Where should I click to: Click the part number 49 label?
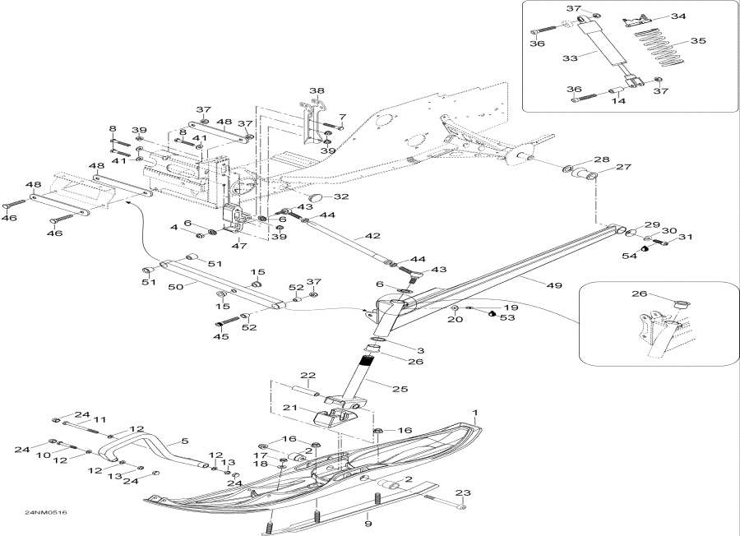pyautogui.click(x=554, y=285)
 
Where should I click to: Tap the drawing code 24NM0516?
pyautogui.click(x=46, y=512)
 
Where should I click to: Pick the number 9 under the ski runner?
pyautogui.click(x=368, y=524)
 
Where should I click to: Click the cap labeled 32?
pyautogui.click(x=317, y=196)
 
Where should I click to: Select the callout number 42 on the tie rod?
pyautogui.click(x=372, y=236)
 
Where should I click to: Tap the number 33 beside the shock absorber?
pyautogui.click(x=570, y=58)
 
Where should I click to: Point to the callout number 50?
pyautogui.click(x=176, y=286)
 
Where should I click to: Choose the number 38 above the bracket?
pyautogui.click(x=317, y=90)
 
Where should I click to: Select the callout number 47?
pyautogui.click(x=239, y=245)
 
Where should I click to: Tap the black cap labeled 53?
pyautogui.click(x=492, y=313)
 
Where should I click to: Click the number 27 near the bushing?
pyautogui.click(x=623, y=167)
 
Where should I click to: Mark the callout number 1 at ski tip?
pyautogui.click(x=476, y=413)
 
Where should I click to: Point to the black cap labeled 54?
pyautogui.click(x=645, y=247)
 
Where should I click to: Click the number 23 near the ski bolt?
pyautogui.click(x=463, y=493)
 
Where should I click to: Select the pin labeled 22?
pyautogui.click(x=306, y=391)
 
